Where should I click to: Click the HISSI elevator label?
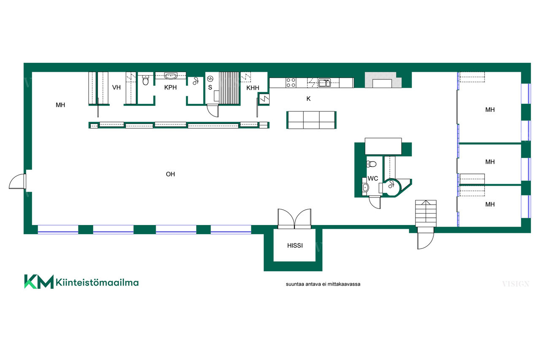295,246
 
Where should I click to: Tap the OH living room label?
170,174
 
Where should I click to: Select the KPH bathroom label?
170,87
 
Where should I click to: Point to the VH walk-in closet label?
116,87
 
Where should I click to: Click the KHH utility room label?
253,88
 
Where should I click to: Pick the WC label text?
373,179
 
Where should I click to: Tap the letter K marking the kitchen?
308,99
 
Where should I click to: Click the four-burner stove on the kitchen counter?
291,82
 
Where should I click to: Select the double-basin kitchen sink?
324,83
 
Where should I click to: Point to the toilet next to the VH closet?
146,80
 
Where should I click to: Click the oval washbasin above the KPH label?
171,76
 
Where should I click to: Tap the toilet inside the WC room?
371,164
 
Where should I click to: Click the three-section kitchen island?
311,120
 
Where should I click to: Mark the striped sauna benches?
229,88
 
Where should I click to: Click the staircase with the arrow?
426,213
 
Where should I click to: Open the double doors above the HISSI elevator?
294,219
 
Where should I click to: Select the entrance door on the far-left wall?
17,181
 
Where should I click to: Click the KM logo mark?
39,282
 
